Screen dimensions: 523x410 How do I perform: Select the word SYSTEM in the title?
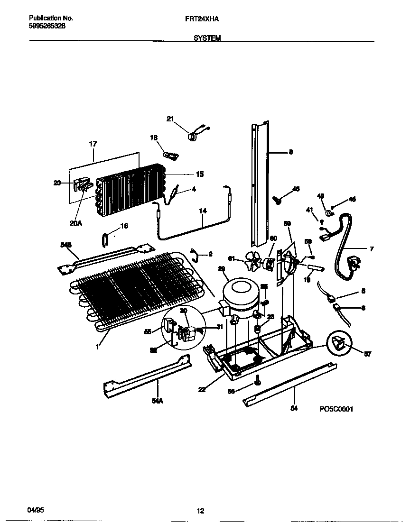click(207, 38)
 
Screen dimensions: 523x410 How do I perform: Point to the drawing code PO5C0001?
click(336, 409)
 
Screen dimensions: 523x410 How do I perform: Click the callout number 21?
click(170, 119)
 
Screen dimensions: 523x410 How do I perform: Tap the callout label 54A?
click(157, 401)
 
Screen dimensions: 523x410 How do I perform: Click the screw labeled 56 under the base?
click(257, 379)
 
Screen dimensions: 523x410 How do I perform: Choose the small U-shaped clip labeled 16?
click(105, 239)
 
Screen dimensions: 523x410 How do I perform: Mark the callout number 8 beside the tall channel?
click(291, 152)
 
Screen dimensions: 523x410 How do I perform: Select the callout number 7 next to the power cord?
click(371, 248)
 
